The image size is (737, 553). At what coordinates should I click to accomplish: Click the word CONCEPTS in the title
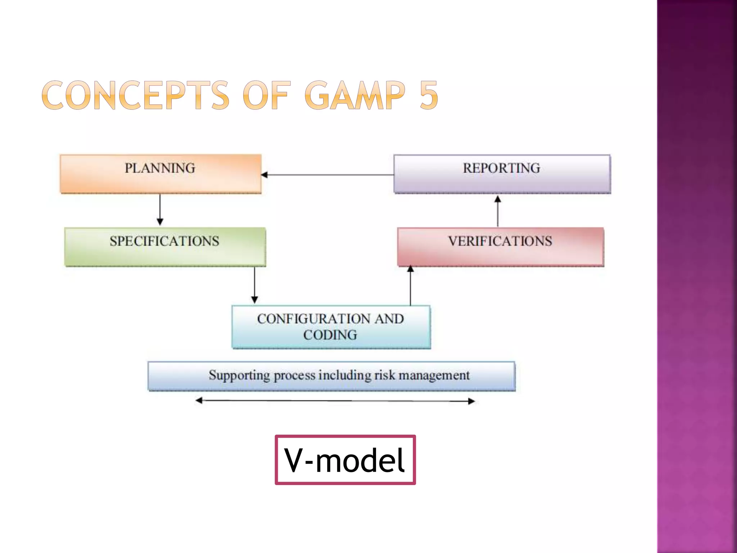(135, 95)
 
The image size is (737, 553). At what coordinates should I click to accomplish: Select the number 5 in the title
(429, 95)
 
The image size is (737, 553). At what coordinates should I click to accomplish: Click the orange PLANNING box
(160, 174)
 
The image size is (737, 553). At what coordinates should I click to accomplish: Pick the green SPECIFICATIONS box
(165, 247)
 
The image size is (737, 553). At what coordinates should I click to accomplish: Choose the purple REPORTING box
(502, 174)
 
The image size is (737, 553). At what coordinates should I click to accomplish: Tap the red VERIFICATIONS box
(501, 247)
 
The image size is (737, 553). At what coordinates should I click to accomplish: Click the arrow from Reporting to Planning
(327, 175)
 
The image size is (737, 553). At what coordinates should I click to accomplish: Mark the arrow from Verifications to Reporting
(498, 211)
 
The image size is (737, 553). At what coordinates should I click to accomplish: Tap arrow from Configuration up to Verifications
(411, 286)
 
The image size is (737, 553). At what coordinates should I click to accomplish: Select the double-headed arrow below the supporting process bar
(335, 401)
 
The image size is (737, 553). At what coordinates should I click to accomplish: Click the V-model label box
(345, 460)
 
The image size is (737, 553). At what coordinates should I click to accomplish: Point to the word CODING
(330, 335)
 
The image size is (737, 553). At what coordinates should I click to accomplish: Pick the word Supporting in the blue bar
(239, 376)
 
